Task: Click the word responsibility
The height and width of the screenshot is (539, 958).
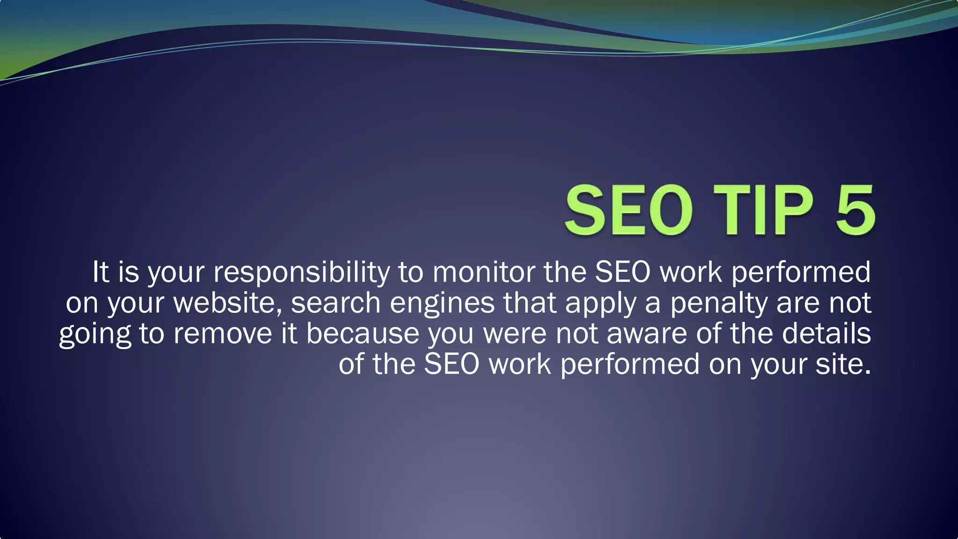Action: point(302,272)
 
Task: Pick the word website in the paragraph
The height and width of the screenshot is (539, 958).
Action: point(227,303)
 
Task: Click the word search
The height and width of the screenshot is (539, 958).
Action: point(336,303)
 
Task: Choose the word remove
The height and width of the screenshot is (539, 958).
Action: point(222,334)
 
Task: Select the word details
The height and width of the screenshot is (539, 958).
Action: point(826,334)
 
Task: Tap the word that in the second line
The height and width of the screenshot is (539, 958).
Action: point(530,303)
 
